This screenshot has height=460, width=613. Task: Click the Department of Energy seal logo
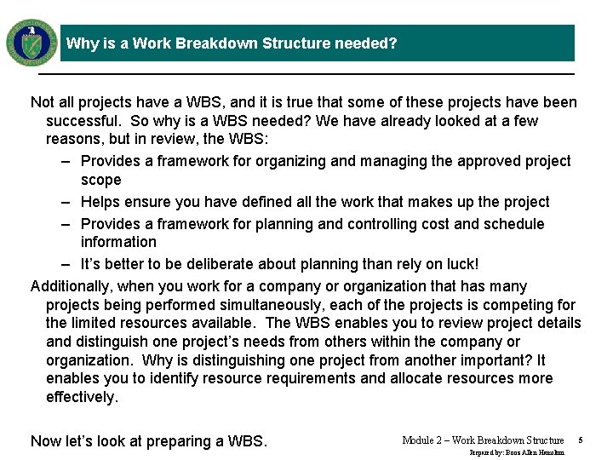[32, 42]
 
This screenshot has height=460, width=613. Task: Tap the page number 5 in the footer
[580, 440]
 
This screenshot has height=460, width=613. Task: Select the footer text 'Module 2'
[422, 440]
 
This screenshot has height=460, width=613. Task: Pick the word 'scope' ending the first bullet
[100, 180]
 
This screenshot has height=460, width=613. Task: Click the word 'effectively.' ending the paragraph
[82, 397]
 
